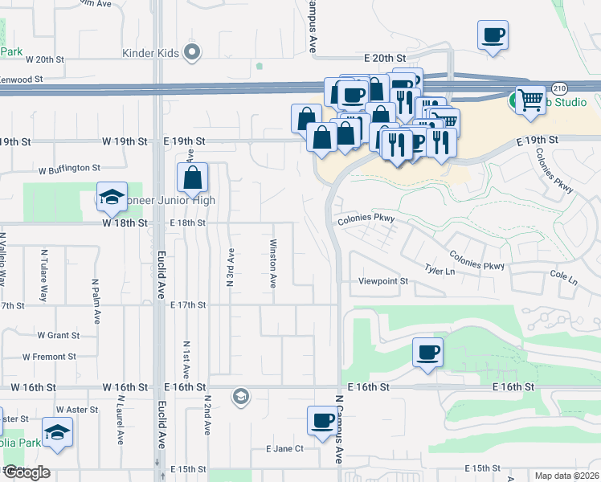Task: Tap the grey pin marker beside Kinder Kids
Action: coord(191,54)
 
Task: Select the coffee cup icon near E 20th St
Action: coord(493,35)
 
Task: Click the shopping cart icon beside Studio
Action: coord(529,100)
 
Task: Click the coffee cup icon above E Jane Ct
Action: coord(322,421)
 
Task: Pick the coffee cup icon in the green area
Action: coord(427,352)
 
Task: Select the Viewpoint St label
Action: coord(383,282)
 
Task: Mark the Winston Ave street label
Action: coord(273,264)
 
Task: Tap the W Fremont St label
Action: coord(49,356)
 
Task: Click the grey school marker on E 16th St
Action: coord(239,396)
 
